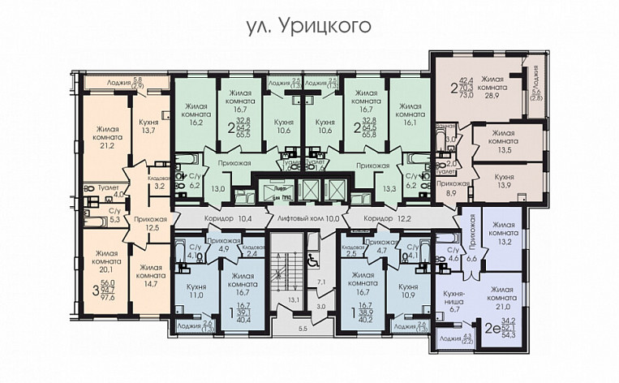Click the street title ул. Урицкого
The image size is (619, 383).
click(x=308, y=26)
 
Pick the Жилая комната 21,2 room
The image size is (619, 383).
click(x=105, y=138)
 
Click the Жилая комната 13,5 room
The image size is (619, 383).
click(x=503, y=143)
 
